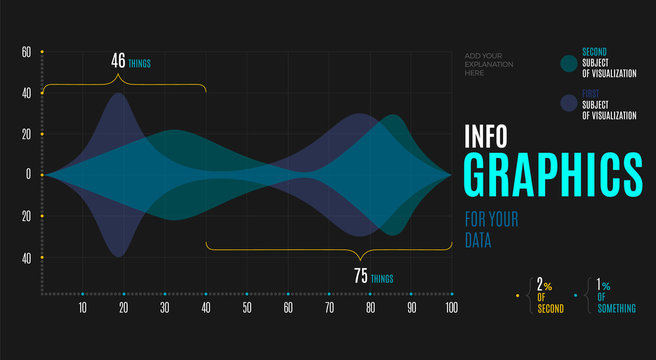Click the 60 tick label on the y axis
(x=27, y=51)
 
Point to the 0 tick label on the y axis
(x=29, y=175)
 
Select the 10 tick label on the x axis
(x=82, y=309)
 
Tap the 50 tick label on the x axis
(x=246, y=309)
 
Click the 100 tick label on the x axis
(x=451, y=309)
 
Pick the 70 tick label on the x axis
(x=328, y=309)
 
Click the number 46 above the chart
(x=117, y=61)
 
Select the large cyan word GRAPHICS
(x=553, y=175)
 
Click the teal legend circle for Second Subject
(x=569, y=64)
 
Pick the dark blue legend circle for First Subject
(x=569, y=102)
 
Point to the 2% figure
(x=545, y=285)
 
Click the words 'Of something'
(x=615, y=303)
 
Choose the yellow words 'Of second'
(x=550, y=303)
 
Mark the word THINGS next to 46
(x=139, y=64)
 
